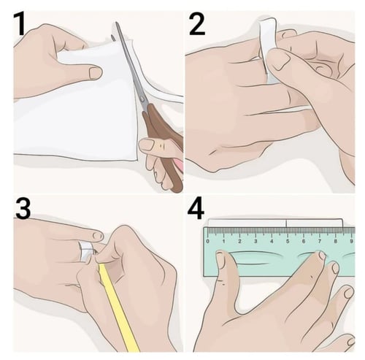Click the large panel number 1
point(20,24)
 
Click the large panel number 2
point(197,24)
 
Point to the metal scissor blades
point(131,66)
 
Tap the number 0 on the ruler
point(207,242)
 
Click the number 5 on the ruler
point(288,242)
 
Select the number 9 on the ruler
point(351,242)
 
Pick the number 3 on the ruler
point(255,242)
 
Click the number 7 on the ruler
point(320,242)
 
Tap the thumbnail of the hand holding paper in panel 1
point(95,73)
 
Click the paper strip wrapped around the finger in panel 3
point(86,250)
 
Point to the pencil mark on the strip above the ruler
point(286,223)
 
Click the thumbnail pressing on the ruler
point(222,260)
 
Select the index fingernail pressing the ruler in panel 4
point(322,256)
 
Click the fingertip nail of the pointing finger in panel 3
point(98,235)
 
